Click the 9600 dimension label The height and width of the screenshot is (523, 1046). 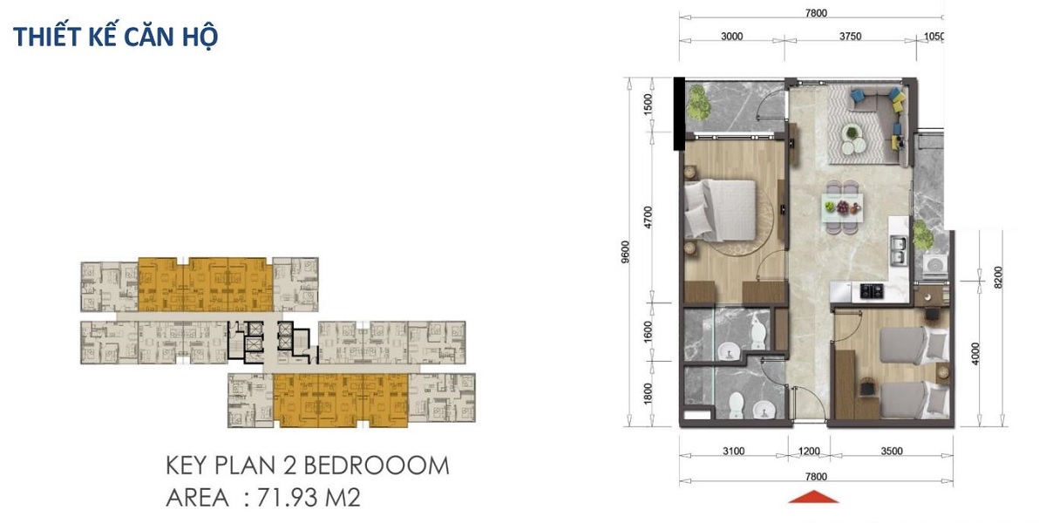[626, 252]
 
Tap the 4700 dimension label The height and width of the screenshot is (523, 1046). [648, 217]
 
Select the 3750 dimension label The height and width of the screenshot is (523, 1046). [851, 37]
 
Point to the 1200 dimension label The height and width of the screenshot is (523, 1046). [809, 452]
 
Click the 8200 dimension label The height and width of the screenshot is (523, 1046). [998, 277]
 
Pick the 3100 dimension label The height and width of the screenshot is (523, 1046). [734, 452]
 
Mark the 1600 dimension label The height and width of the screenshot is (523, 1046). [648, 331]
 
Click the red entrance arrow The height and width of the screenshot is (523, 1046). [813, 497]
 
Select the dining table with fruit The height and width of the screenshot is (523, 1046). [842, 207]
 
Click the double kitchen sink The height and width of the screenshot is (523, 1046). [899, 250]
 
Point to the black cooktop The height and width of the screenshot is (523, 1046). [872, 291]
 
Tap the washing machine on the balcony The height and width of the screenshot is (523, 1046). [936, 266]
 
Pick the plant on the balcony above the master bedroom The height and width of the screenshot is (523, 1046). [699, 108]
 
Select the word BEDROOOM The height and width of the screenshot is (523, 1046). [377, 465]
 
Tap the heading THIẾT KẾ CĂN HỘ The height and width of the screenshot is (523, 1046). [115, 37]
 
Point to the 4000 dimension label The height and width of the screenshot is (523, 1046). [975, 354]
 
